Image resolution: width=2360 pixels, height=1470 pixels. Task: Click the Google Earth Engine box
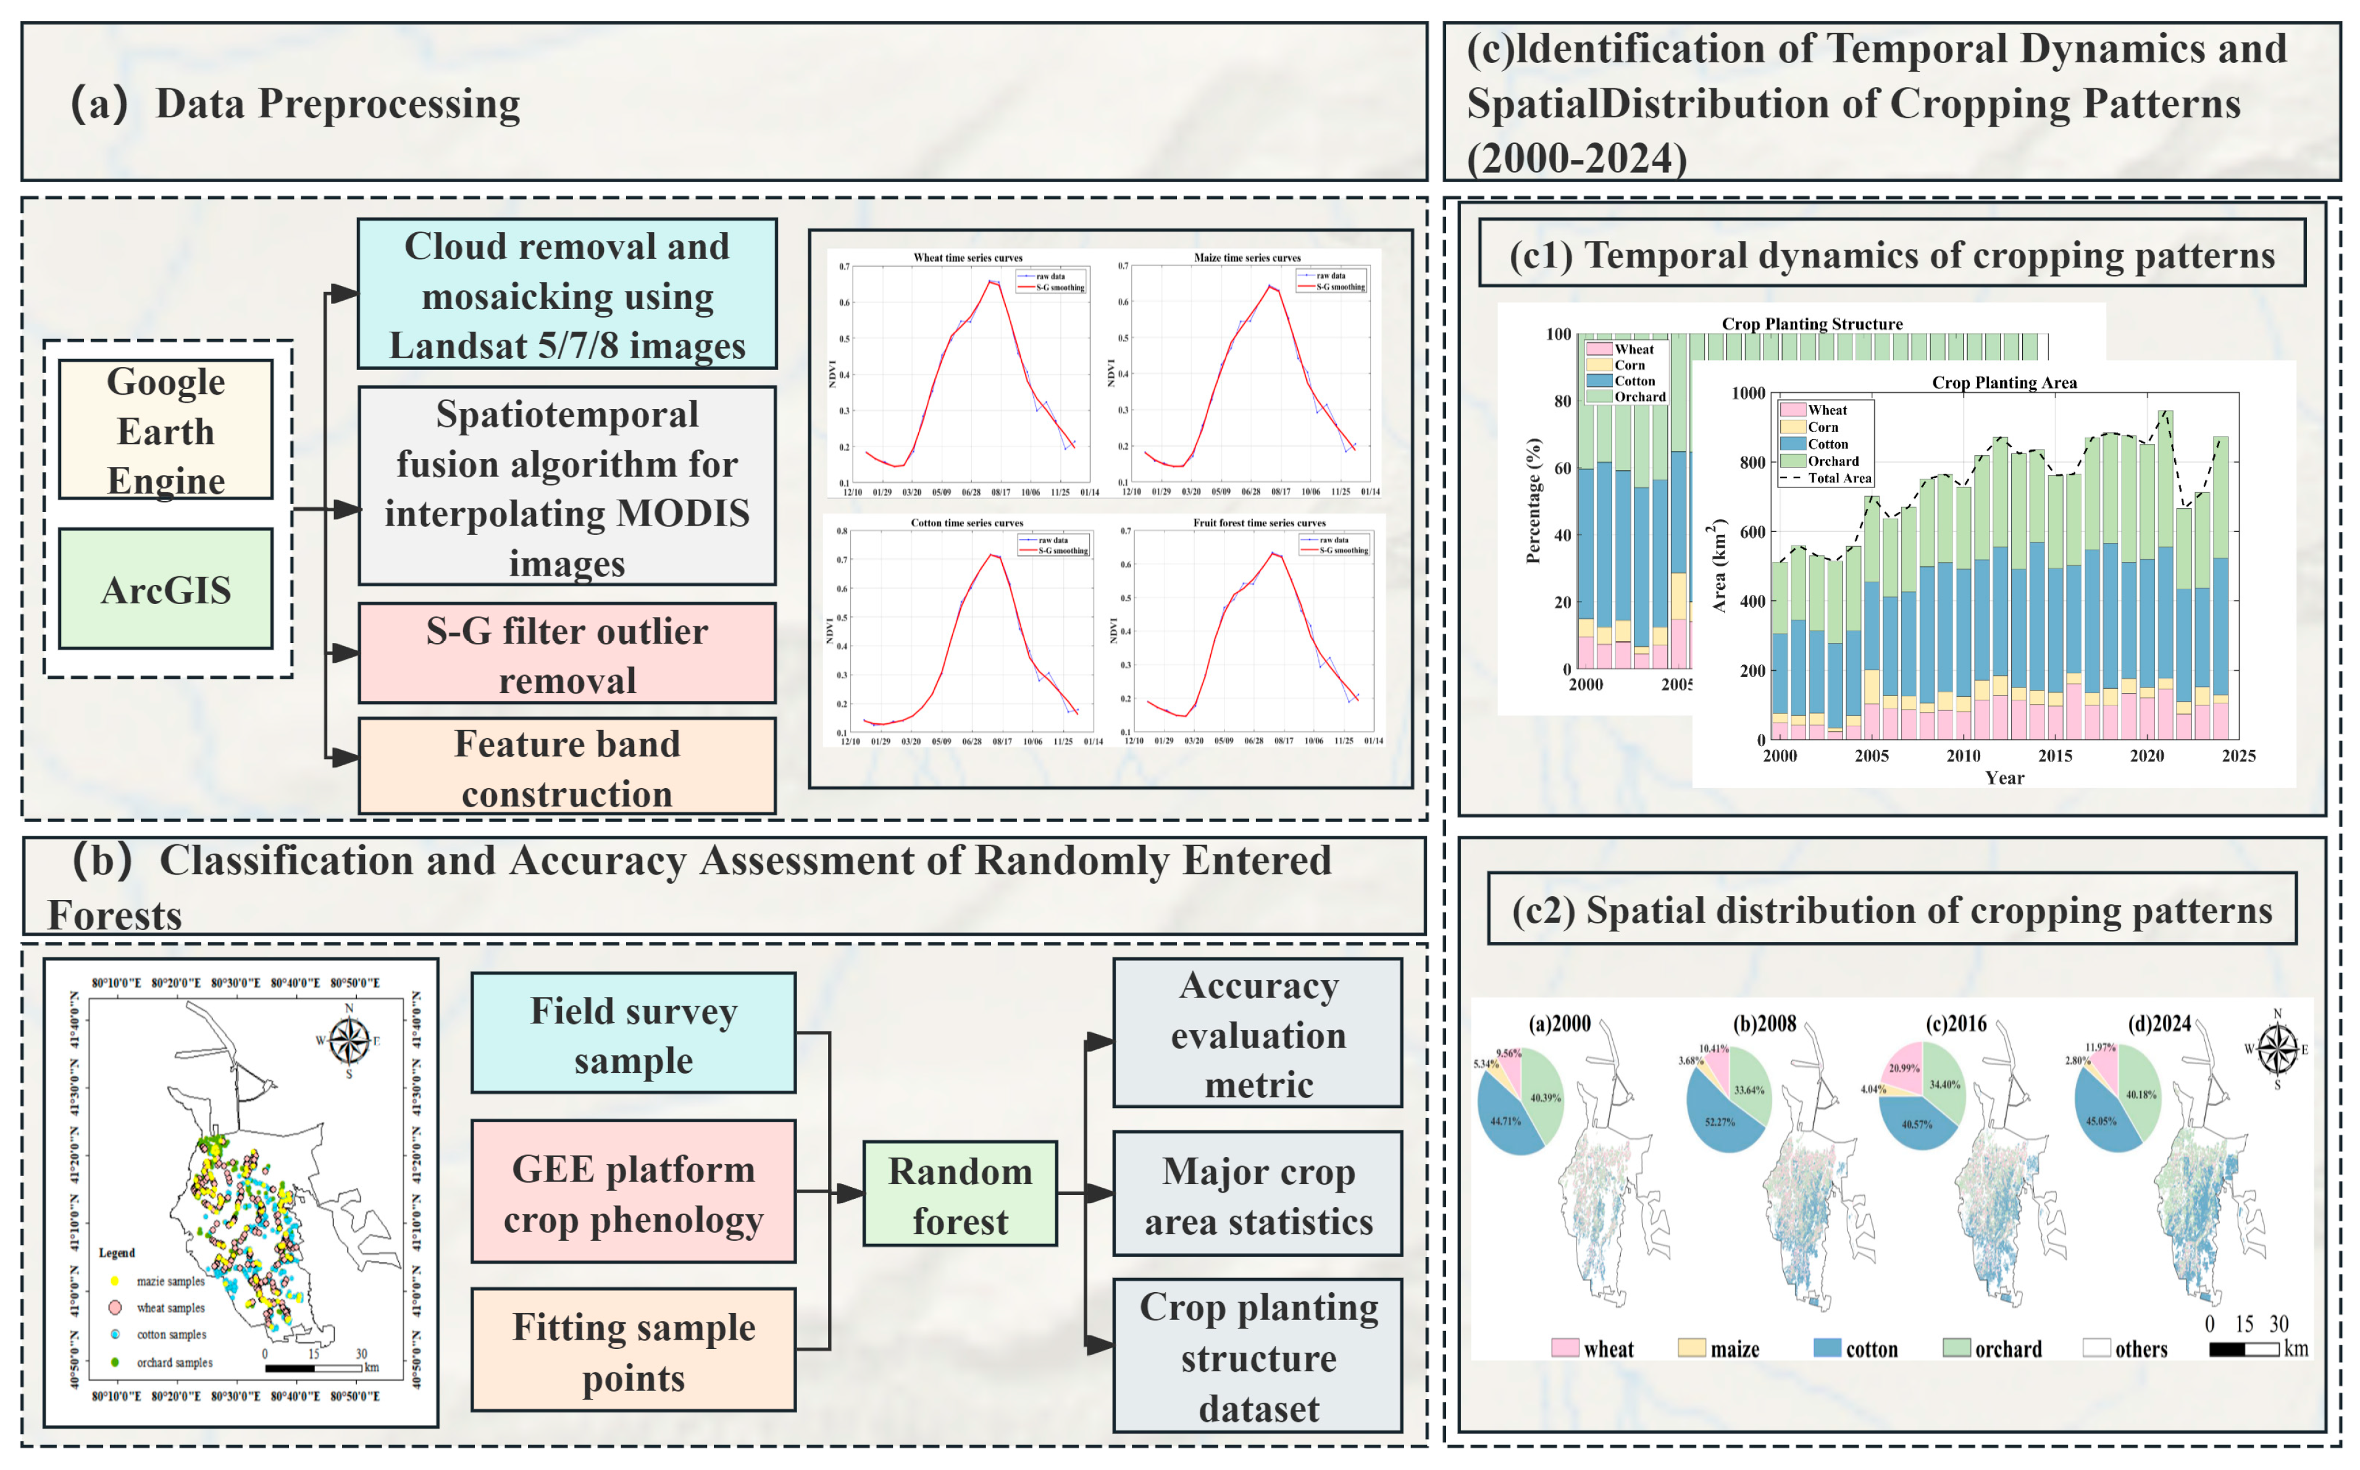point(165,430)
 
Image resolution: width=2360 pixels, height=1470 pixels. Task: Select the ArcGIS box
point(165,589)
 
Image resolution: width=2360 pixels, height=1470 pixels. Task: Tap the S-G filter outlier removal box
point(567,653)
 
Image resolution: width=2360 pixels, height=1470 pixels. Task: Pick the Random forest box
point(960,1194)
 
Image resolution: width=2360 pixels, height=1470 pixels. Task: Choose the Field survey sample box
point(633,1033)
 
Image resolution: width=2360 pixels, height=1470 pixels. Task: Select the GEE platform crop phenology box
point(633,1192)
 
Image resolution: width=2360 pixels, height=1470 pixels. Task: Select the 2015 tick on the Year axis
point(2055,755)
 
